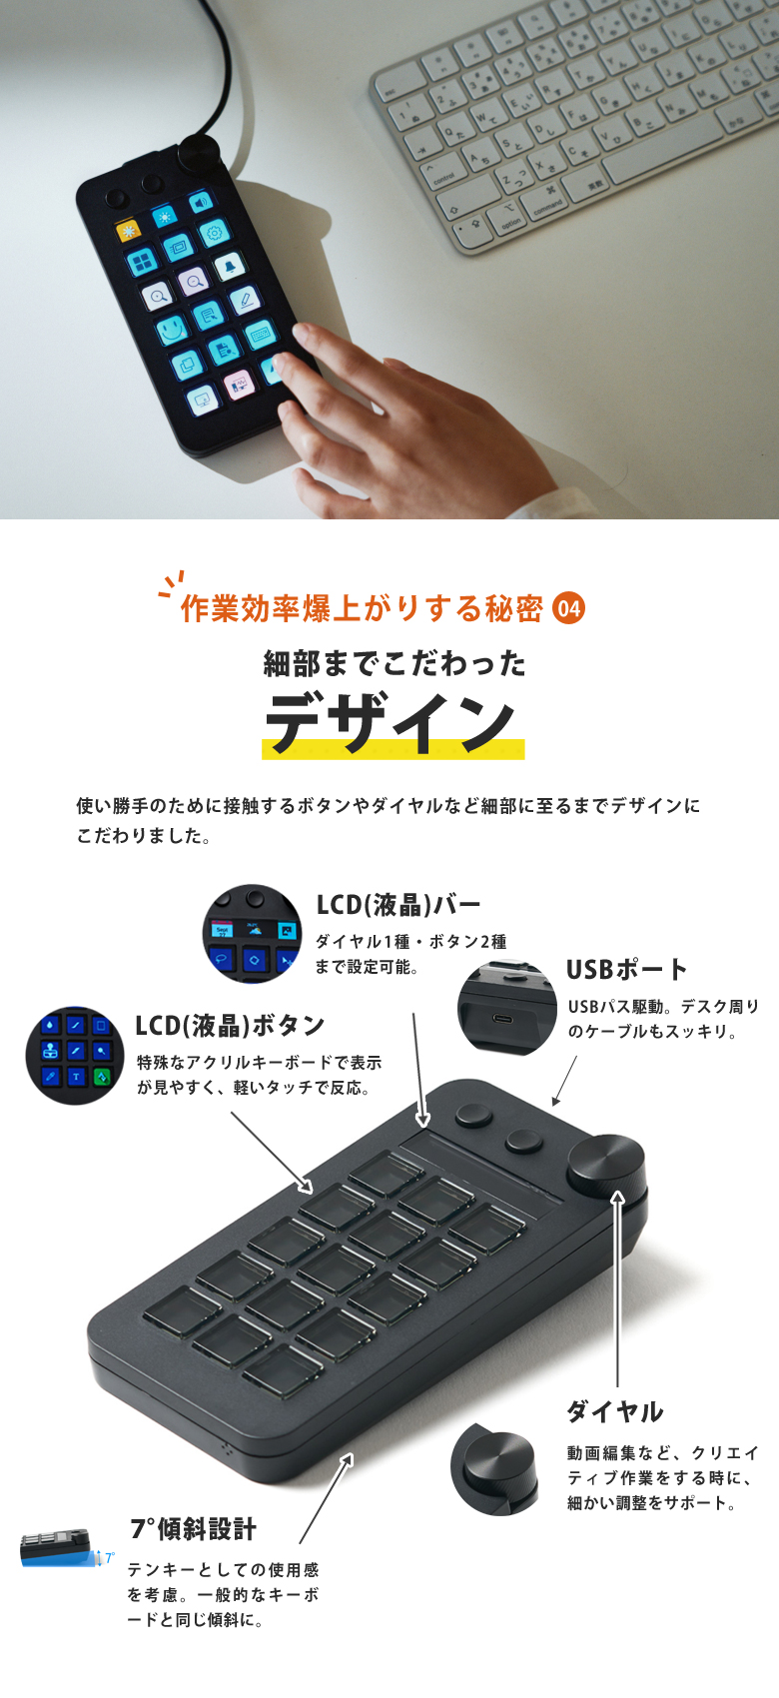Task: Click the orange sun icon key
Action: pos(129,232)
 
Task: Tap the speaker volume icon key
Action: pos(201,203)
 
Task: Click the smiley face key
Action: pos(171,329)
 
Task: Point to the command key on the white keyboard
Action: pos(548,205)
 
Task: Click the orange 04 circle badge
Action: pos(568,608)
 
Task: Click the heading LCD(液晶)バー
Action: pos(398,905)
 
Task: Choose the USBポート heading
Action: pos(626,969)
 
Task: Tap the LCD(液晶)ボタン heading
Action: pos(230,1025)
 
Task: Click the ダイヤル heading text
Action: pos(614,1411)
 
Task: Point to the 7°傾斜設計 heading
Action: pos(193,1528)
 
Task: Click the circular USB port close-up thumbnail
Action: pos(507,1007)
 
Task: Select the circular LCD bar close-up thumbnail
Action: pos(252,933)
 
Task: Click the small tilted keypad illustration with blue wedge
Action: pos(62,1549)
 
